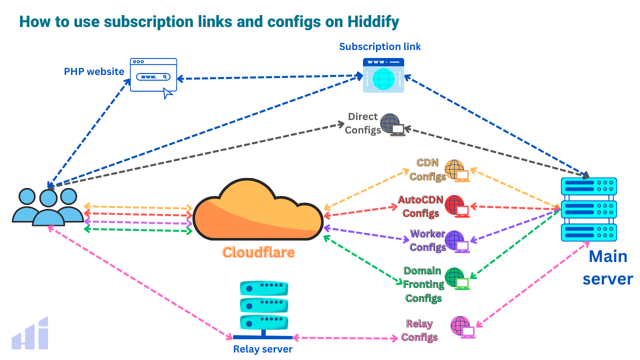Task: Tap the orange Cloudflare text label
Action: (x=258, y=252)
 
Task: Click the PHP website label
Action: (x=94, y=71)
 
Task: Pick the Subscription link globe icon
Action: (x=383, y=76)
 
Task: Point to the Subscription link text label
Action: (x=380, y=46)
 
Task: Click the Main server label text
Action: (x=607, y=267)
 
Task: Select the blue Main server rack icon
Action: (x=589, y=210)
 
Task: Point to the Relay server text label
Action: (x=262, y=349)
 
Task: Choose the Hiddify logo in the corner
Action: (x=30, y=333)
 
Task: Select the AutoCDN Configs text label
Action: (x=420, y=206)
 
